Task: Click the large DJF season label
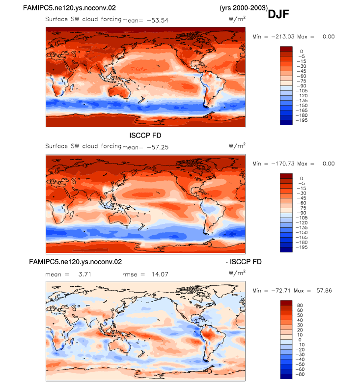tap(278, 14)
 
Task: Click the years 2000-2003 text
tap(244, 8)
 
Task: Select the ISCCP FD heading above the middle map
tap(145, 136)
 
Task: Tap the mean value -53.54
tap(158, 21)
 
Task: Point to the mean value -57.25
tap(158, 147)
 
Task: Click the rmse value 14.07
tap(160, 274)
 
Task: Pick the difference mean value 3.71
tap(84, 274)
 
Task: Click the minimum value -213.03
tap(283, 37)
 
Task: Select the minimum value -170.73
tap(283, 164)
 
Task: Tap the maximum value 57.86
tap(324, 291)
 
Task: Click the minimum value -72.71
tap(281, 291)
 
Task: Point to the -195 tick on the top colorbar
tap(302, 120)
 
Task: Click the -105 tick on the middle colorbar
tap(302, 218)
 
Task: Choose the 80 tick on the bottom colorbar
tap(300, 305)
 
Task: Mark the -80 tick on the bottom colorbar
tap(300, 374)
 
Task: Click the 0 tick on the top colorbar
tap(302, 52)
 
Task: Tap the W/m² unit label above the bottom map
tap(237, 273)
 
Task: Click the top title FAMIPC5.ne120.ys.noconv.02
tap(69, 8)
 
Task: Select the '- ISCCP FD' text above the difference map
tap(244, 262)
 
